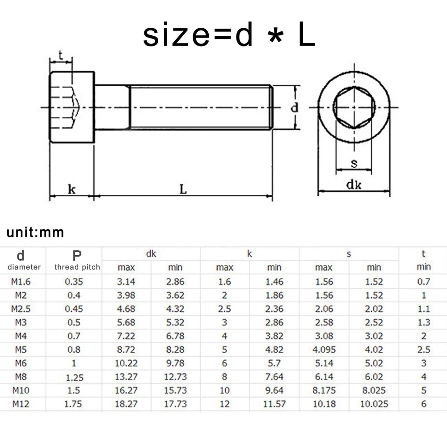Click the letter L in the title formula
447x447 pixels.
click(x=307, y=34)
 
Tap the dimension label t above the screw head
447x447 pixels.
click(x=61, y=55)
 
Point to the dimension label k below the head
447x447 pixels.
click(x=72, y=189)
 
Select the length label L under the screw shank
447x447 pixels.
click(x=183, y=189)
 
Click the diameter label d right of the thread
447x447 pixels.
click(x=295, y=107)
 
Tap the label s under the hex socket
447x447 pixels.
click(x=354, y=163)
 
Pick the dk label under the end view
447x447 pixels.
click(x=354, y=185)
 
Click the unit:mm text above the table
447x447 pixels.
click(x=35, y=232)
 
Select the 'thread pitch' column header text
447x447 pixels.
click(x=77, y=267)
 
